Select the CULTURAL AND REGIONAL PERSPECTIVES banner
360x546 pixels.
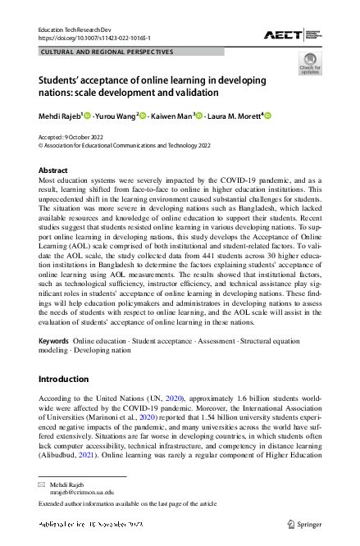coord(107,52)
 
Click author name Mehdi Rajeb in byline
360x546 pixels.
coord(62,116)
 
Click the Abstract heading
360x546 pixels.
coord(53,170)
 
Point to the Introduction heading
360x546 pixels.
coord(64,379)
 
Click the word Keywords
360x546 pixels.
coord(53,339)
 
